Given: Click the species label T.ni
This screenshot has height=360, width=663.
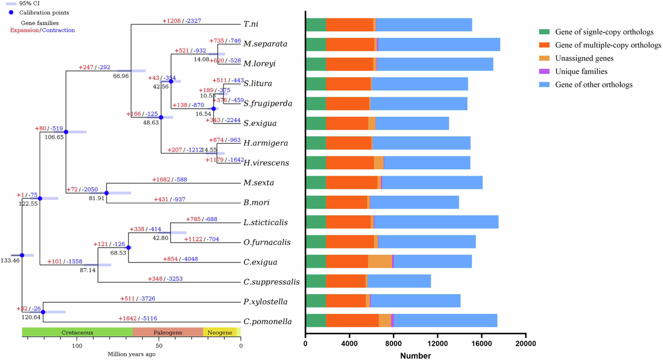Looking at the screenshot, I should point(251,24).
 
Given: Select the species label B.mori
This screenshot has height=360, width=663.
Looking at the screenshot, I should point(256,203).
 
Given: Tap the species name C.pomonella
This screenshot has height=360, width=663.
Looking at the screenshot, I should point(267,322).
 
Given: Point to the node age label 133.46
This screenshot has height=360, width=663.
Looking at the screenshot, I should point(10,260).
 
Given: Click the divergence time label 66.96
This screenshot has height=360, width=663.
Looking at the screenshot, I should point(121,76).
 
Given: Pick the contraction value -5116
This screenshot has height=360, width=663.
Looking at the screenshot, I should point(149,318).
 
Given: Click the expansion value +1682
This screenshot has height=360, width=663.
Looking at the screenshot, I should point(161,179).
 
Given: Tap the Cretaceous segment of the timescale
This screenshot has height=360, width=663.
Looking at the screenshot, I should point(77,332).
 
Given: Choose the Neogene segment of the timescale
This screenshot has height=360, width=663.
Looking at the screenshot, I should point(220,332).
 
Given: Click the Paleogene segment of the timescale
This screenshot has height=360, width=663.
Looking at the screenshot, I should point(168,332).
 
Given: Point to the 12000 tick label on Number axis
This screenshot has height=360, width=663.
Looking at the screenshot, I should point(437,344).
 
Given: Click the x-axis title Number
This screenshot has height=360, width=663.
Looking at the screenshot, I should point(415,356).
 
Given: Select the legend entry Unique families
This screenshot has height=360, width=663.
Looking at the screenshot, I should point(581,72).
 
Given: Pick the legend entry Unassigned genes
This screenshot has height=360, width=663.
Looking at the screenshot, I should point(584,58).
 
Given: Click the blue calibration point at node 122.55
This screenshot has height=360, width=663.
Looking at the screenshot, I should point(40,198).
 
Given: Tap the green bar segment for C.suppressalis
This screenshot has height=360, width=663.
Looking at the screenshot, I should point(316,281).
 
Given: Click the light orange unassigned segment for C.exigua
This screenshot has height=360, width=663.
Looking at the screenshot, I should point(380,261).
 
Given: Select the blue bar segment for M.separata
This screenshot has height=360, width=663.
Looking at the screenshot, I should point(439,44).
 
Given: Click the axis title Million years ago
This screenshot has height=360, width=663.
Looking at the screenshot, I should point(131,354).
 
